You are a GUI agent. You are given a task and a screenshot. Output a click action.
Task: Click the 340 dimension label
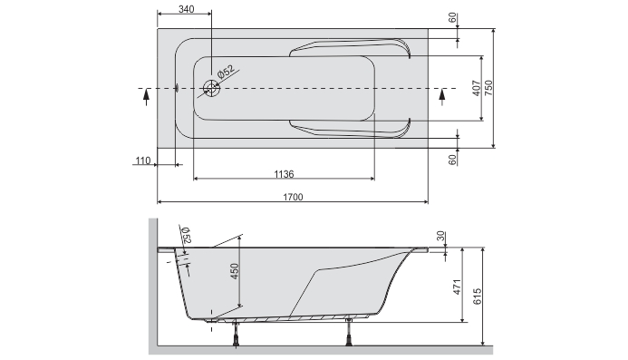pyautogui.click(x=187, y=9)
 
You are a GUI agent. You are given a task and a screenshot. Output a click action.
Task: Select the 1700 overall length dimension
pyautogui.click(x=293, y=197)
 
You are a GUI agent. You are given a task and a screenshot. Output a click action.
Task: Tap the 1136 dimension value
pyautogui.click(x=284, y=174)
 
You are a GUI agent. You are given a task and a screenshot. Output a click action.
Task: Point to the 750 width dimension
pyautogui.click(x=489, y=88)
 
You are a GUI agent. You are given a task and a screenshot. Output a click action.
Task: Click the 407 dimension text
pyautogui.click(x=476, y=88)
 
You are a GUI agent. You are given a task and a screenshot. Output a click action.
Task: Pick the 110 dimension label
pyautogui.click(x=143, y=161)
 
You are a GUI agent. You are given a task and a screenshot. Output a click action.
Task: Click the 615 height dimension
pyautogui.click(x=477, y=297)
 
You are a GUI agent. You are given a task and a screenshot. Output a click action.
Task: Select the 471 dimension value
pyautogui.click(x=457, y=287)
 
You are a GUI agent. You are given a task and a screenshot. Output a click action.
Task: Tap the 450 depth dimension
pyautogui.click(x=235, y=271)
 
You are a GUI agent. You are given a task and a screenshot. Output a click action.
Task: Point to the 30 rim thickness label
pyautogui.click(x=440, y=236)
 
